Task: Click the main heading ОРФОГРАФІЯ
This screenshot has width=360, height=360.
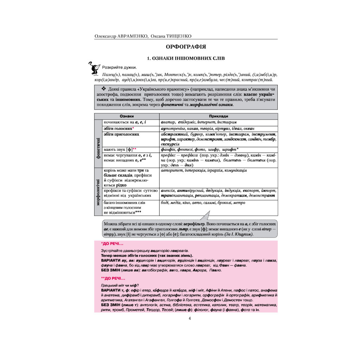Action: tap(186, 46)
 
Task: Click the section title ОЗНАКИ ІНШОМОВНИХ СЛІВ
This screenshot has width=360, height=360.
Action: tap(186, 58)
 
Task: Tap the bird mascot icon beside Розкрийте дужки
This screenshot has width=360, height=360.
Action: tap(94, 68)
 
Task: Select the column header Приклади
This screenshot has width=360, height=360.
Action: tap(218, 116)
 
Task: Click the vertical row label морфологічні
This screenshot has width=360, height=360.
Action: tap(98, 191)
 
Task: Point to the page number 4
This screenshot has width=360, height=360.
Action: tap(189, 319)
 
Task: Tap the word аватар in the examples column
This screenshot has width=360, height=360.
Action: tap(167, 122)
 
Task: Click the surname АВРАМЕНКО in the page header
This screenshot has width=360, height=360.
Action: tap(131, 36)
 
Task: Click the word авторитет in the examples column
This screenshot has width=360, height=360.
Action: tap(171, 171)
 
